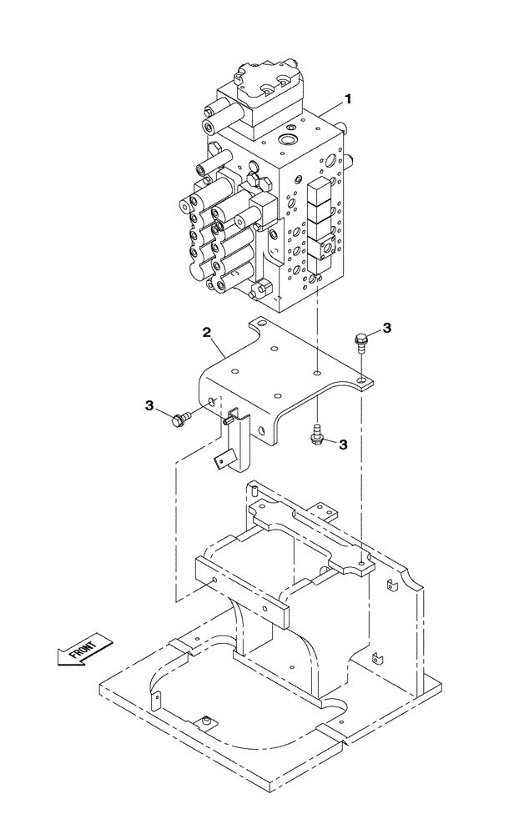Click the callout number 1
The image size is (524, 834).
[348, 99]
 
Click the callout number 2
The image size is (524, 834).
[206, 334]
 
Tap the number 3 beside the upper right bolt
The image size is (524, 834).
[386, 327]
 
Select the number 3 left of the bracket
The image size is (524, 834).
[150, 406]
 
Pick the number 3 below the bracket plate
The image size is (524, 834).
[343, 445]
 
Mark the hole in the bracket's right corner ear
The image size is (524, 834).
[360, 381]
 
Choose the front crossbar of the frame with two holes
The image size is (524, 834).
[242, 590]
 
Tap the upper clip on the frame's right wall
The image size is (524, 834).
[389, 589]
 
